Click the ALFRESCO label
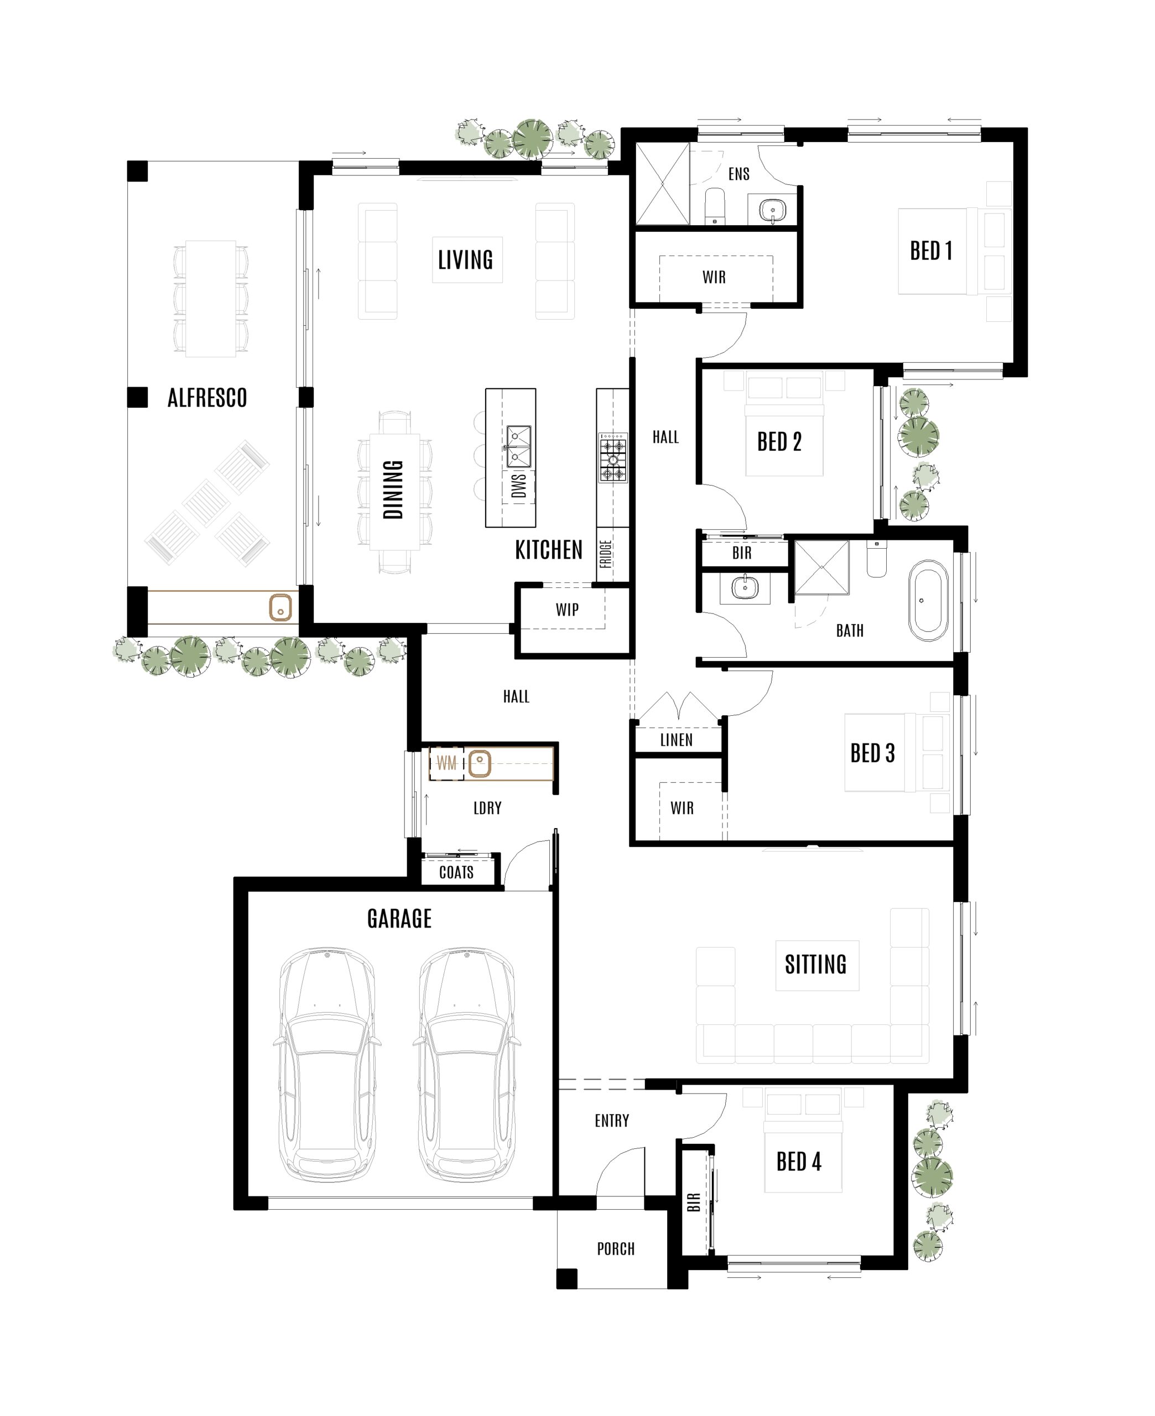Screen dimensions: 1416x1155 [207, 398]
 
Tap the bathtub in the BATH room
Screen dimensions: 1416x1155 [928, 601]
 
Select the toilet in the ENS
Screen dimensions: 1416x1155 [715, 206]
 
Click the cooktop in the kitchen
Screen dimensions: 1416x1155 [613, 457]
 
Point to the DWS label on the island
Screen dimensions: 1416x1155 [519, 485]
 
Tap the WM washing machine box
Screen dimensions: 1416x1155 [446, 763]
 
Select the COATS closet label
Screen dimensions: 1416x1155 [456, 872]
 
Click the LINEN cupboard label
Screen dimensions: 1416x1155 [676, 740]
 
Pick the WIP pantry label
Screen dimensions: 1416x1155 [567, 609]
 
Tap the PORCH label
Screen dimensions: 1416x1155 [616, 1248]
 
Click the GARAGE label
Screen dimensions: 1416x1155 [399, 919]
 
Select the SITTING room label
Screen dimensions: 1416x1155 [816, 965]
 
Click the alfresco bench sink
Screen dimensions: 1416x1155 [280, 608]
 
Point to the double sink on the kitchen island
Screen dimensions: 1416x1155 [518, 447]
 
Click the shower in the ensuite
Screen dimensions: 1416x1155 [663, 184]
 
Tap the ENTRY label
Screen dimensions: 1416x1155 [611, 1121]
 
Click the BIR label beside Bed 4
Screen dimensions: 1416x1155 [693, 1202]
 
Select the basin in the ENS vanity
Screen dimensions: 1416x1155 [772, 211]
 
